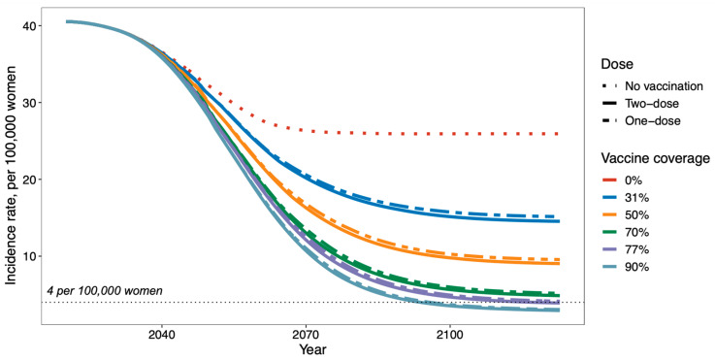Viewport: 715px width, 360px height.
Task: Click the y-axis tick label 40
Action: coord(30,25)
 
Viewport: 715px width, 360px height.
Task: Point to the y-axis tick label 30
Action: coord(30,102)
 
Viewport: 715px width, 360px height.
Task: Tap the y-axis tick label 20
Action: coord(30,180)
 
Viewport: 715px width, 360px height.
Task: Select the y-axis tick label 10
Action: coord(30,256)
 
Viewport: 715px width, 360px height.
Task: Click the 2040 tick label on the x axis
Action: coord(162,335)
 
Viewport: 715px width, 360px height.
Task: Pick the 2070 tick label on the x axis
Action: coord(306,335)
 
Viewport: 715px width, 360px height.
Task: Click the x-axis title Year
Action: coord(312,350)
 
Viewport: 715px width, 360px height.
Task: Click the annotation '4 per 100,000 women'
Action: coord(105,291)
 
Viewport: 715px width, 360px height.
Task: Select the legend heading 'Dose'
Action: coord(616,64)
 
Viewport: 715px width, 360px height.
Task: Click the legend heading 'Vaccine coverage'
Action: coord(656,158)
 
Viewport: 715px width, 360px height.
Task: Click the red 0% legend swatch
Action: coord(609,180)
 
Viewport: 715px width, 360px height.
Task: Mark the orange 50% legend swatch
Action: coord(609,215)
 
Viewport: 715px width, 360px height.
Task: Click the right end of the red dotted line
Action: coord(558,134)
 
